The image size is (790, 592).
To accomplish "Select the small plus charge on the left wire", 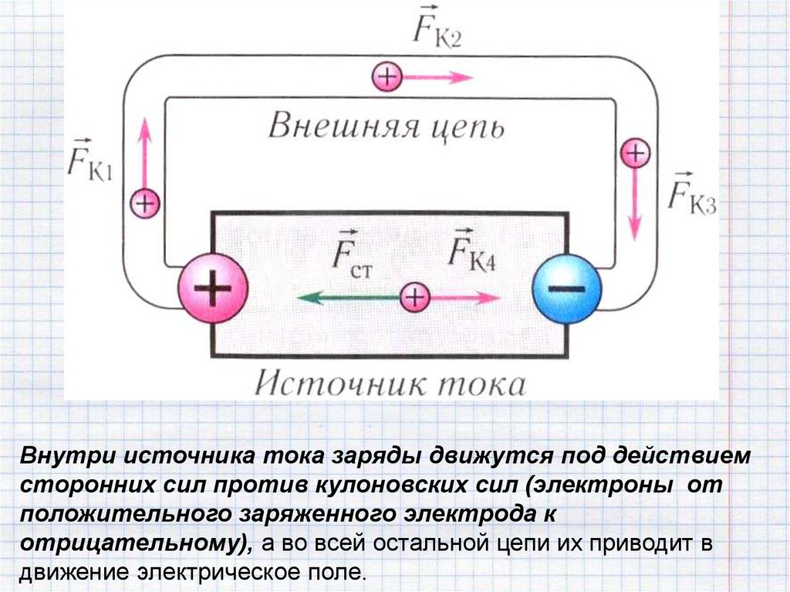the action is pyautogui.click(x=144, y=204).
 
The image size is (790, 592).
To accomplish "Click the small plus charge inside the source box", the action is pyautogui.click(x=414, y=297).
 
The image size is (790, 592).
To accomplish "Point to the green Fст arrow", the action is pyautogui.click(x=347, y=297).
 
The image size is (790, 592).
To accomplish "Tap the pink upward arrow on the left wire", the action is pyautogui.click(x=144, y=151).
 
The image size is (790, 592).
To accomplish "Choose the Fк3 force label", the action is pyautogui.click(x=691, y=191).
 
